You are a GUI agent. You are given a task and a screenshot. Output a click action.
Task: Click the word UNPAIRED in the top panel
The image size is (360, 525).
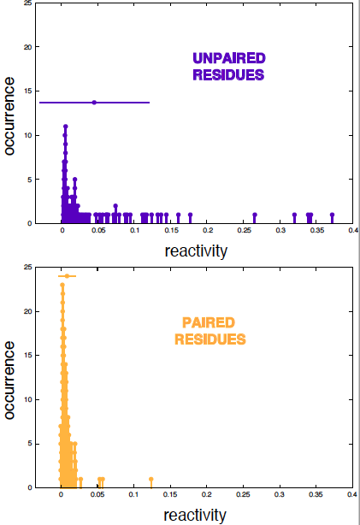click(229, 58)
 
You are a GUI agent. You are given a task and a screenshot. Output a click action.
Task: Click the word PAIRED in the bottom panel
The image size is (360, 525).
click(209, 322)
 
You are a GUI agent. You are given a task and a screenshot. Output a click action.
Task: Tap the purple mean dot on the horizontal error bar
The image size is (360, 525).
click(94, 103)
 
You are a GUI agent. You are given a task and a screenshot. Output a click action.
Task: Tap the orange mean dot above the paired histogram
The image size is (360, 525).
click(67, 276)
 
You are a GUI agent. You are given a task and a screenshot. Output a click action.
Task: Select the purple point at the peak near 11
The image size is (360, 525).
click(66, 127)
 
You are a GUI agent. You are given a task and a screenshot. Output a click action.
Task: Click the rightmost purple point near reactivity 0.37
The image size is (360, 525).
click(332, 215)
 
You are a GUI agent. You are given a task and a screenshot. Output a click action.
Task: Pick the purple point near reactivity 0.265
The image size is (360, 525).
click(255, 215)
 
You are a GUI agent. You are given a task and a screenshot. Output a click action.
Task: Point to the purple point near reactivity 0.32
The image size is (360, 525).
click(294, 215)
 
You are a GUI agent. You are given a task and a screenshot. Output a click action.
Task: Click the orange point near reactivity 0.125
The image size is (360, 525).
click(151, 479)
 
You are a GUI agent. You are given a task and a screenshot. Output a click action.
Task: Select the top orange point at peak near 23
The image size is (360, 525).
click(62, 285)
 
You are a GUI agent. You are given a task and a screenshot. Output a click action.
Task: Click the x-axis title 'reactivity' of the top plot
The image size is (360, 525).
click(196, 251)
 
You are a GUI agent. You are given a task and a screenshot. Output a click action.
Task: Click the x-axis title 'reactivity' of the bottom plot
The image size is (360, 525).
click(195, 516)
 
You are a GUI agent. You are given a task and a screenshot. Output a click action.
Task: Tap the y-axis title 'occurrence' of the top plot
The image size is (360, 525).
click(9, 116)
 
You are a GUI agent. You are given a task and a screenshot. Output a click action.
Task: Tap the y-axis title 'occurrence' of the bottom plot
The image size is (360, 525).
click(9, 380)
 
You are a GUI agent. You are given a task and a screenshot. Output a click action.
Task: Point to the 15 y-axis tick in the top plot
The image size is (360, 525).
click(28, 91)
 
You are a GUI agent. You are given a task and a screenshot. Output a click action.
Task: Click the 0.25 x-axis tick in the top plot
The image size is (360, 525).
click(244, 230)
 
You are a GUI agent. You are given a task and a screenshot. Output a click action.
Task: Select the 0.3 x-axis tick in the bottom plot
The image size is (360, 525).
click(280, 494)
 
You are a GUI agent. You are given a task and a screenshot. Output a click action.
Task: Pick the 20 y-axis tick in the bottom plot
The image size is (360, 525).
click(28, 311)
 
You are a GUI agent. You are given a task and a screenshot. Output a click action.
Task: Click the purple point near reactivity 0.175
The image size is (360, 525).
click(190, 215)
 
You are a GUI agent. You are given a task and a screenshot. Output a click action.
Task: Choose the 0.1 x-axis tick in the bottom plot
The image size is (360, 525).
click(133, 494)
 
